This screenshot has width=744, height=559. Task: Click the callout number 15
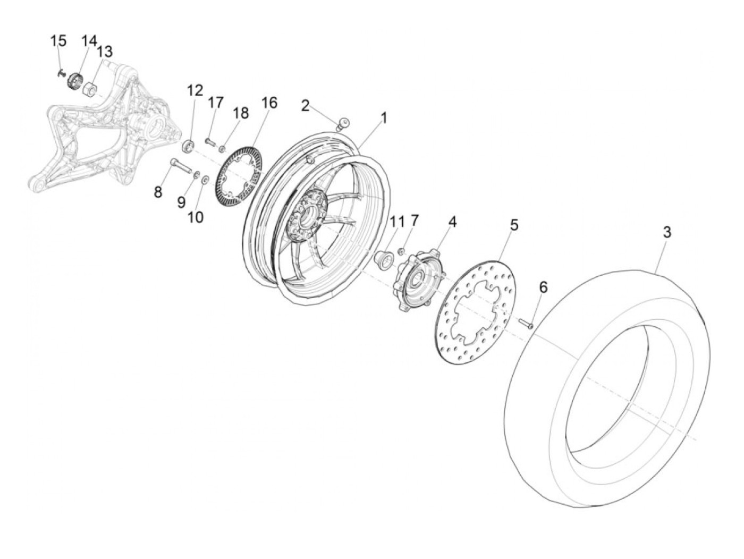coord(58,40)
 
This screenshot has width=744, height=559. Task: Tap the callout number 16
coord(269,103)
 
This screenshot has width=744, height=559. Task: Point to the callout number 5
coord(513,224)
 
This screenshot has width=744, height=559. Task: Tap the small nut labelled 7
coord(402,251)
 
